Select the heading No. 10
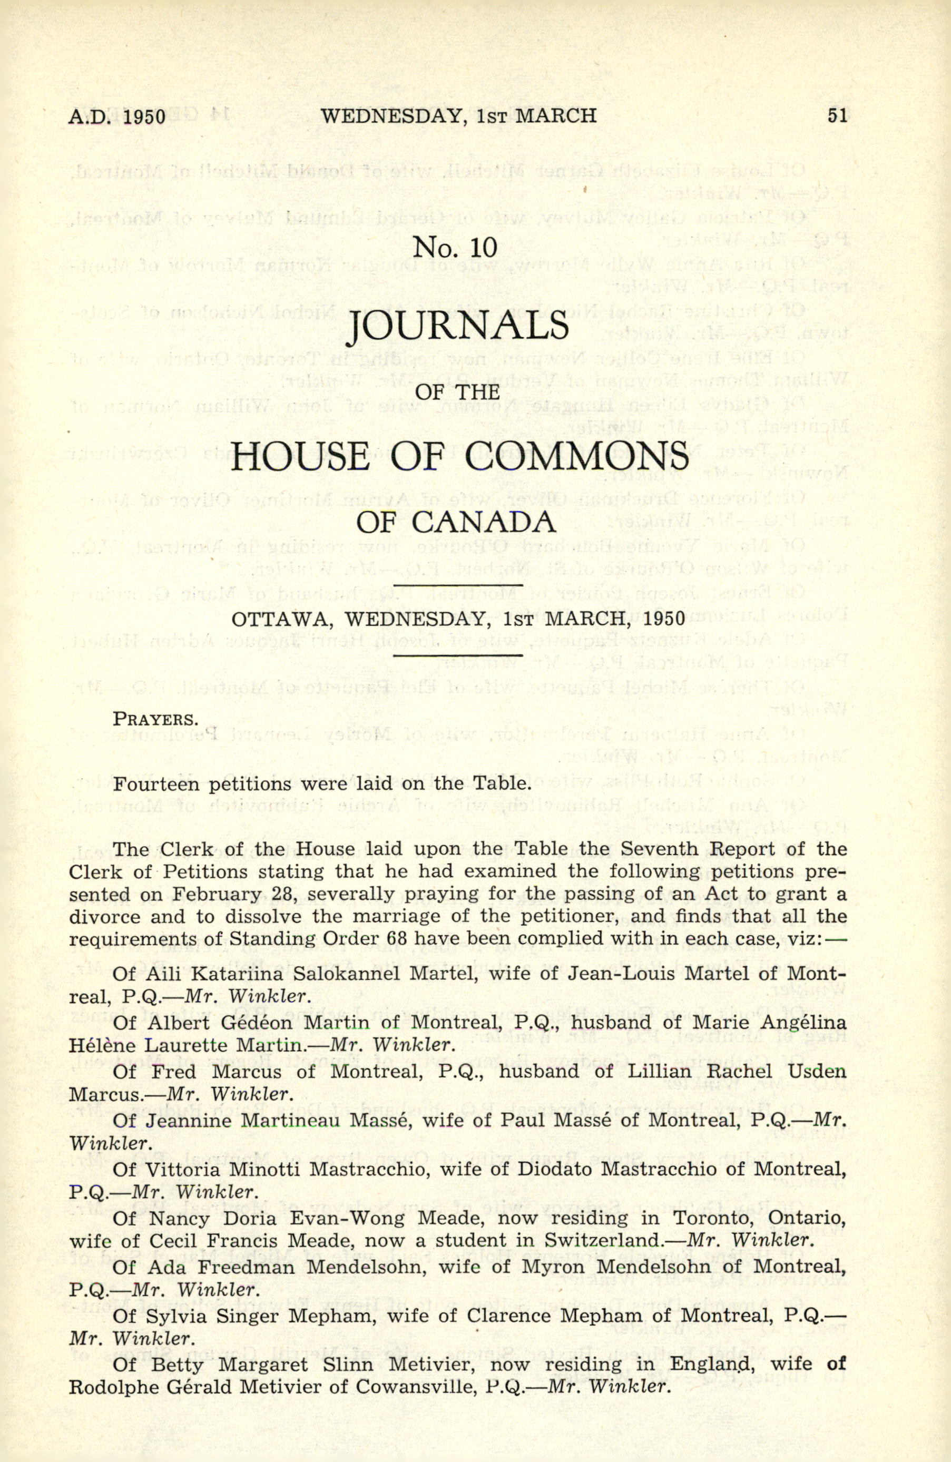[x=455, y=247]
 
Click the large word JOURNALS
[x=457, y=326]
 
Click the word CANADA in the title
[x=484, y=522]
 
